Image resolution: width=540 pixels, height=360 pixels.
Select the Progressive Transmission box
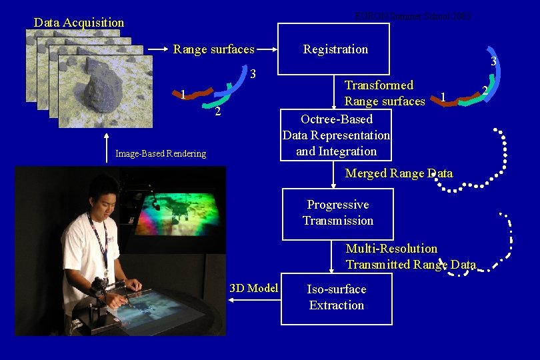[337, 213]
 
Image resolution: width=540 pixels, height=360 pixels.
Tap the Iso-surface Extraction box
[336, 298]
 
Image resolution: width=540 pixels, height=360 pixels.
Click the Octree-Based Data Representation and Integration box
[336, 135]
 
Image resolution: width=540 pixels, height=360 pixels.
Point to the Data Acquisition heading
[79, 23]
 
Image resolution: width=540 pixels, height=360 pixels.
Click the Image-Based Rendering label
[161, 154]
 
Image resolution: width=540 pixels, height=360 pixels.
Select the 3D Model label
[253, 288]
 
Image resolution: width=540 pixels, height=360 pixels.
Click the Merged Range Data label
[399, 173]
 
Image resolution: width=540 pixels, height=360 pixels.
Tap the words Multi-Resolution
[391, 249]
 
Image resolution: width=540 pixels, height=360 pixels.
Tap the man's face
[103, 194]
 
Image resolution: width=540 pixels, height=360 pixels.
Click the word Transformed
[379, 85]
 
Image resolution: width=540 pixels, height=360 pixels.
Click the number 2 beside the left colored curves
[217, 111]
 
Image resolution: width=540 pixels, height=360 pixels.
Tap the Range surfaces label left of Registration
[213, 49]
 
